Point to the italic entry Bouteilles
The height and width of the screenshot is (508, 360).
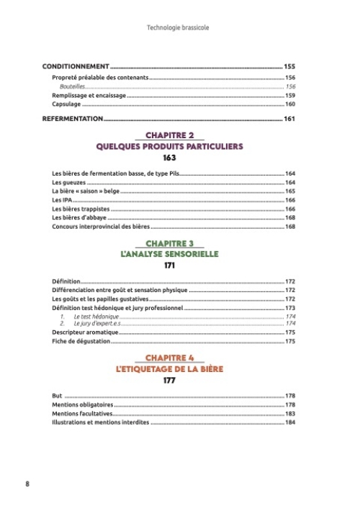click(x=73, y=86)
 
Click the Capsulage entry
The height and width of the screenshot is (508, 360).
click(x=66, y=104)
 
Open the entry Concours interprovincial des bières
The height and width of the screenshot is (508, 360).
click(x=100, y=227)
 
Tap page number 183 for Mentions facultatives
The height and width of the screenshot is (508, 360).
click(x=291, y=414)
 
